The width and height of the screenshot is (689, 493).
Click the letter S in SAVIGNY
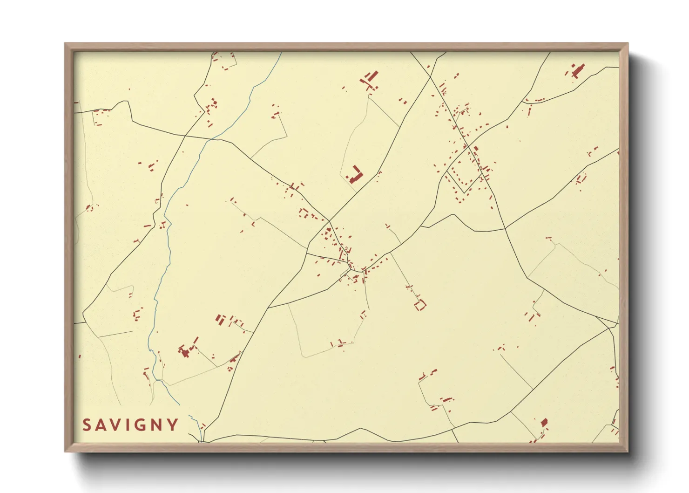[x=87, y=425]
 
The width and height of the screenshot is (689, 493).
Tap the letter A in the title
[x=101, y=425]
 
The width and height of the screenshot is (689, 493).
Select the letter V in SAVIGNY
[x=116, y=425]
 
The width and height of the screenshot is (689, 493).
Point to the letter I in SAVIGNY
[x=128, y=425]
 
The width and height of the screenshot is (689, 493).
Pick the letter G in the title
[x=139, y=425]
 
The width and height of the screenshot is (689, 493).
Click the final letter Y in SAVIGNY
[x=173, y=425]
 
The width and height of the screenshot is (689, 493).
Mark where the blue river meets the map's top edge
[x=282, y=52]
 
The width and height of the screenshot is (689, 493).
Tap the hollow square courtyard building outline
[x=420, y=306]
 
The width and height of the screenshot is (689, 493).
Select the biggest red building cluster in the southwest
[x=186, y=350]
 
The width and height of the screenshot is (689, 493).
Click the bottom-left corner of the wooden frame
[x=66, y=451]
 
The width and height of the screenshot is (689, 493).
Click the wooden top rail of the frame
[x=346, y=46]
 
